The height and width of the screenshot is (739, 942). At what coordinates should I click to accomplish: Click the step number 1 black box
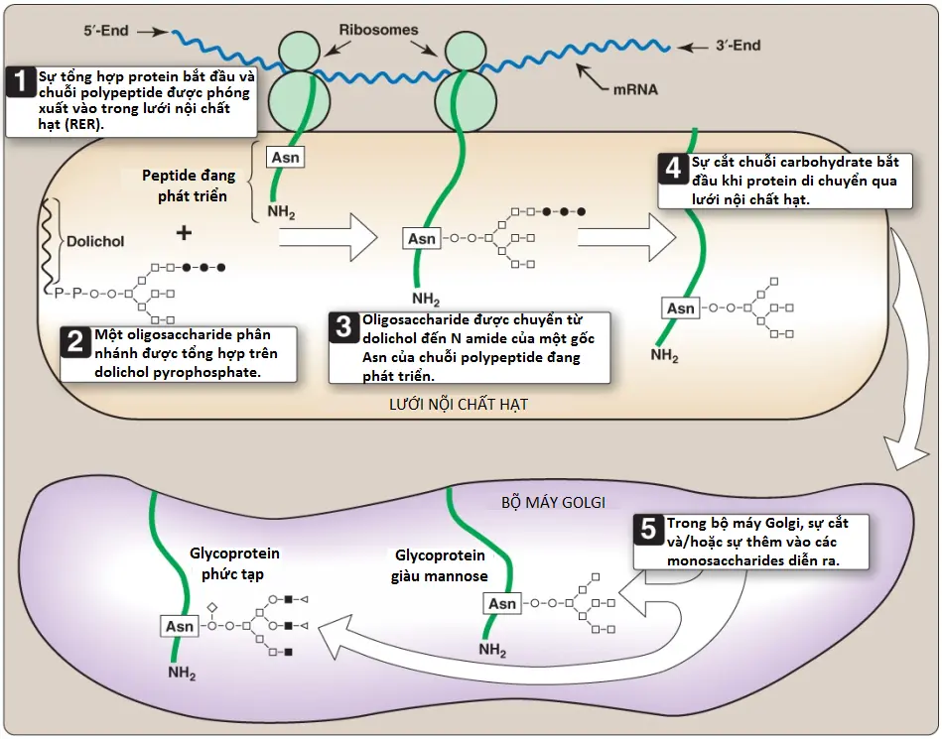(22, 81)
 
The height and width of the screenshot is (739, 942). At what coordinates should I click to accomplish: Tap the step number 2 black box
(75, 342)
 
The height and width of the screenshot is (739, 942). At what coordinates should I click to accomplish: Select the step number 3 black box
(344, 327)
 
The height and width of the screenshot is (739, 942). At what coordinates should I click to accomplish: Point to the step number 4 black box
(673, 169)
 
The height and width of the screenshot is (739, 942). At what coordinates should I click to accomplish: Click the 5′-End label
(106, 31)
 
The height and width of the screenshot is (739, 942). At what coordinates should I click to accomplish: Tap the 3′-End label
(738, 46)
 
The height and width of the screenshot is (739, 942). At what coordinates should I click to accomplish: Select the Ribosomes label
(378, 30)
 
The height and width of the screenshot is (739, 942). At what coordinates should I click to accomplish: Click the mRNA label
(635, 90)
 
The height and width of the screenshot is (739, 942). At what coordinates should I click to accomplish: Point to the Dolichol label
(95, 241)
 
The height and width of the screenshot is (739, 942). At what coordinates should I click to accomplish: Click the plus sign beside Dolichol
(184, 232)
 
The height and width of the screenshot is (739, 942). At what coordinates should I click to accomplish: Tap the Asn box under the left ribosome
(285, 158)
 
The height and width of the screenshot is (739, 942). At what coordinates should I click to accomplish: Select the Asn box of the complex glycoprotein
(179, 626)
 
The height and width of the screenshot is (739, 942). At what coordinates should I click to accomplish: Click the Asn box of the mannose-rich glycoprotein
(502, 603)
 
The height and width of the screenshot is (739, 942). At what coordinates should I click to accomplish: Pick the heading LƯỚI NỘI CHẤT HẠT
(459, 405)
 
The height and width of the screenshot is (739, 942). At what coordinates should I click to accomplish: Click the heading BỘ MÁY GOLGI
(553, 503)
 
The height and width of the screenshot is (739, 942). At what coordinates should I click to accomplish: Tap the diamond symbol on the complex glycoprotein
(211, 608)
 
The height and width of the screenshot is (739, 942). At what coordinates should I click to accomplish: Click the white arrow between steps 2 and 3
(328, 238)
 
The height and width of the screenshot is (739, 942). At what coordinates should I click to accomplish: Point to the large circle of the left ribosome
(299, 100)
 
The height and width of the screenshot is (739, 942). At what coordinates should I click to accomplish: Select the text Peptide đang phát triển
(190, 185)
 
